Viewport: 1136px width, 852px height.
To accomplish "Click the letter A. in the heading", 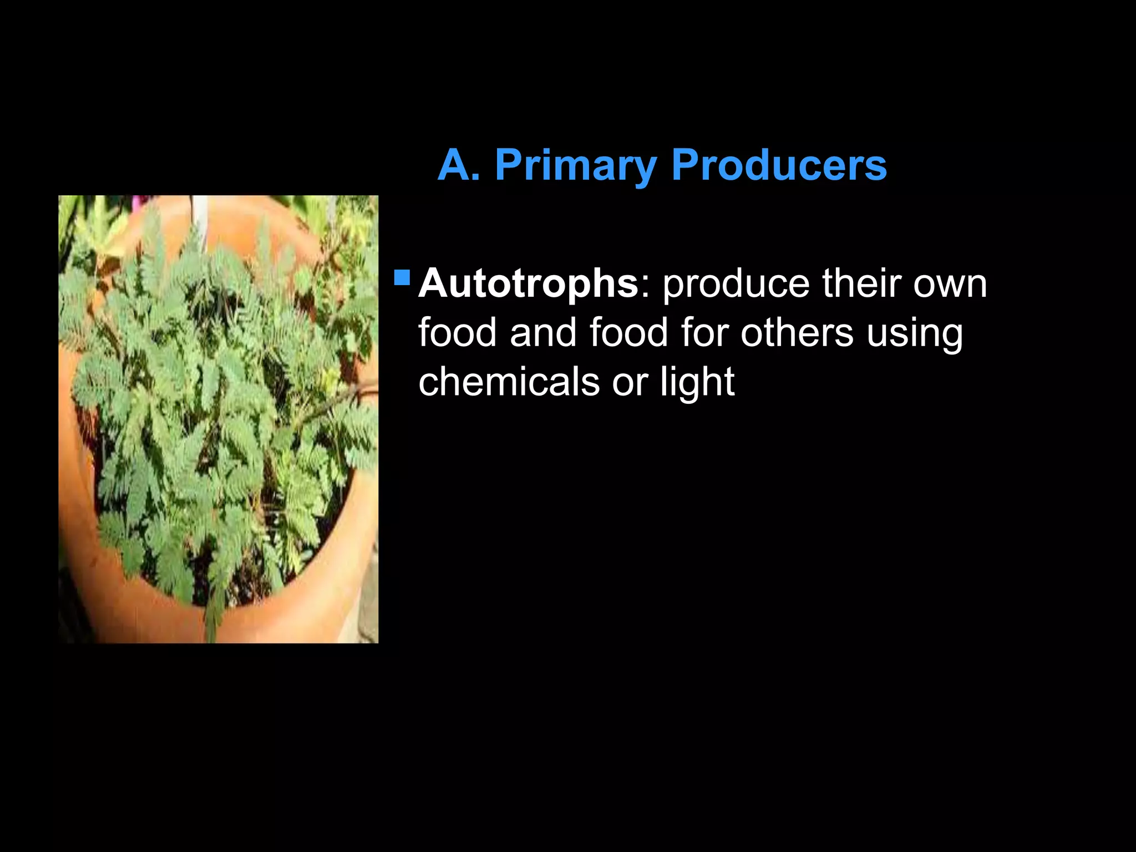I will [459, 165].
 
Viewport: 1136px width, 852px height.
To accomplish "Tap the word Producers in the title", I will [779, 165].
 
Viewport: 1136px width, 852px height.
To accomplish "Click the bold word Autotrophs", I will [529, 283].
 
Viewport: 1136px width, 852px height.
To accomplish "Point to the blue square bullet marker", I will [402, 277].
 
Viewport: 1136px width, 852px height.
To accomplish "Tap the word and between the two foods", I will [543, 333].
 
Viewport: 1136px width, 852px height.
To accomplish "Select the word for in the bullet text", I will [704, 333].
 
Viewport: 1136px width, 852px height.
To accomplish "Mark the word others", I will [797, 333].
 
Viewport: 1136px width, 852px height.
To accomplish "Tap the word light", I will [697, 383].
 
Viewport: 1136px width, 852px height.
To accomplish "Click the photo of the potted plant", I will [218, 419].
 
